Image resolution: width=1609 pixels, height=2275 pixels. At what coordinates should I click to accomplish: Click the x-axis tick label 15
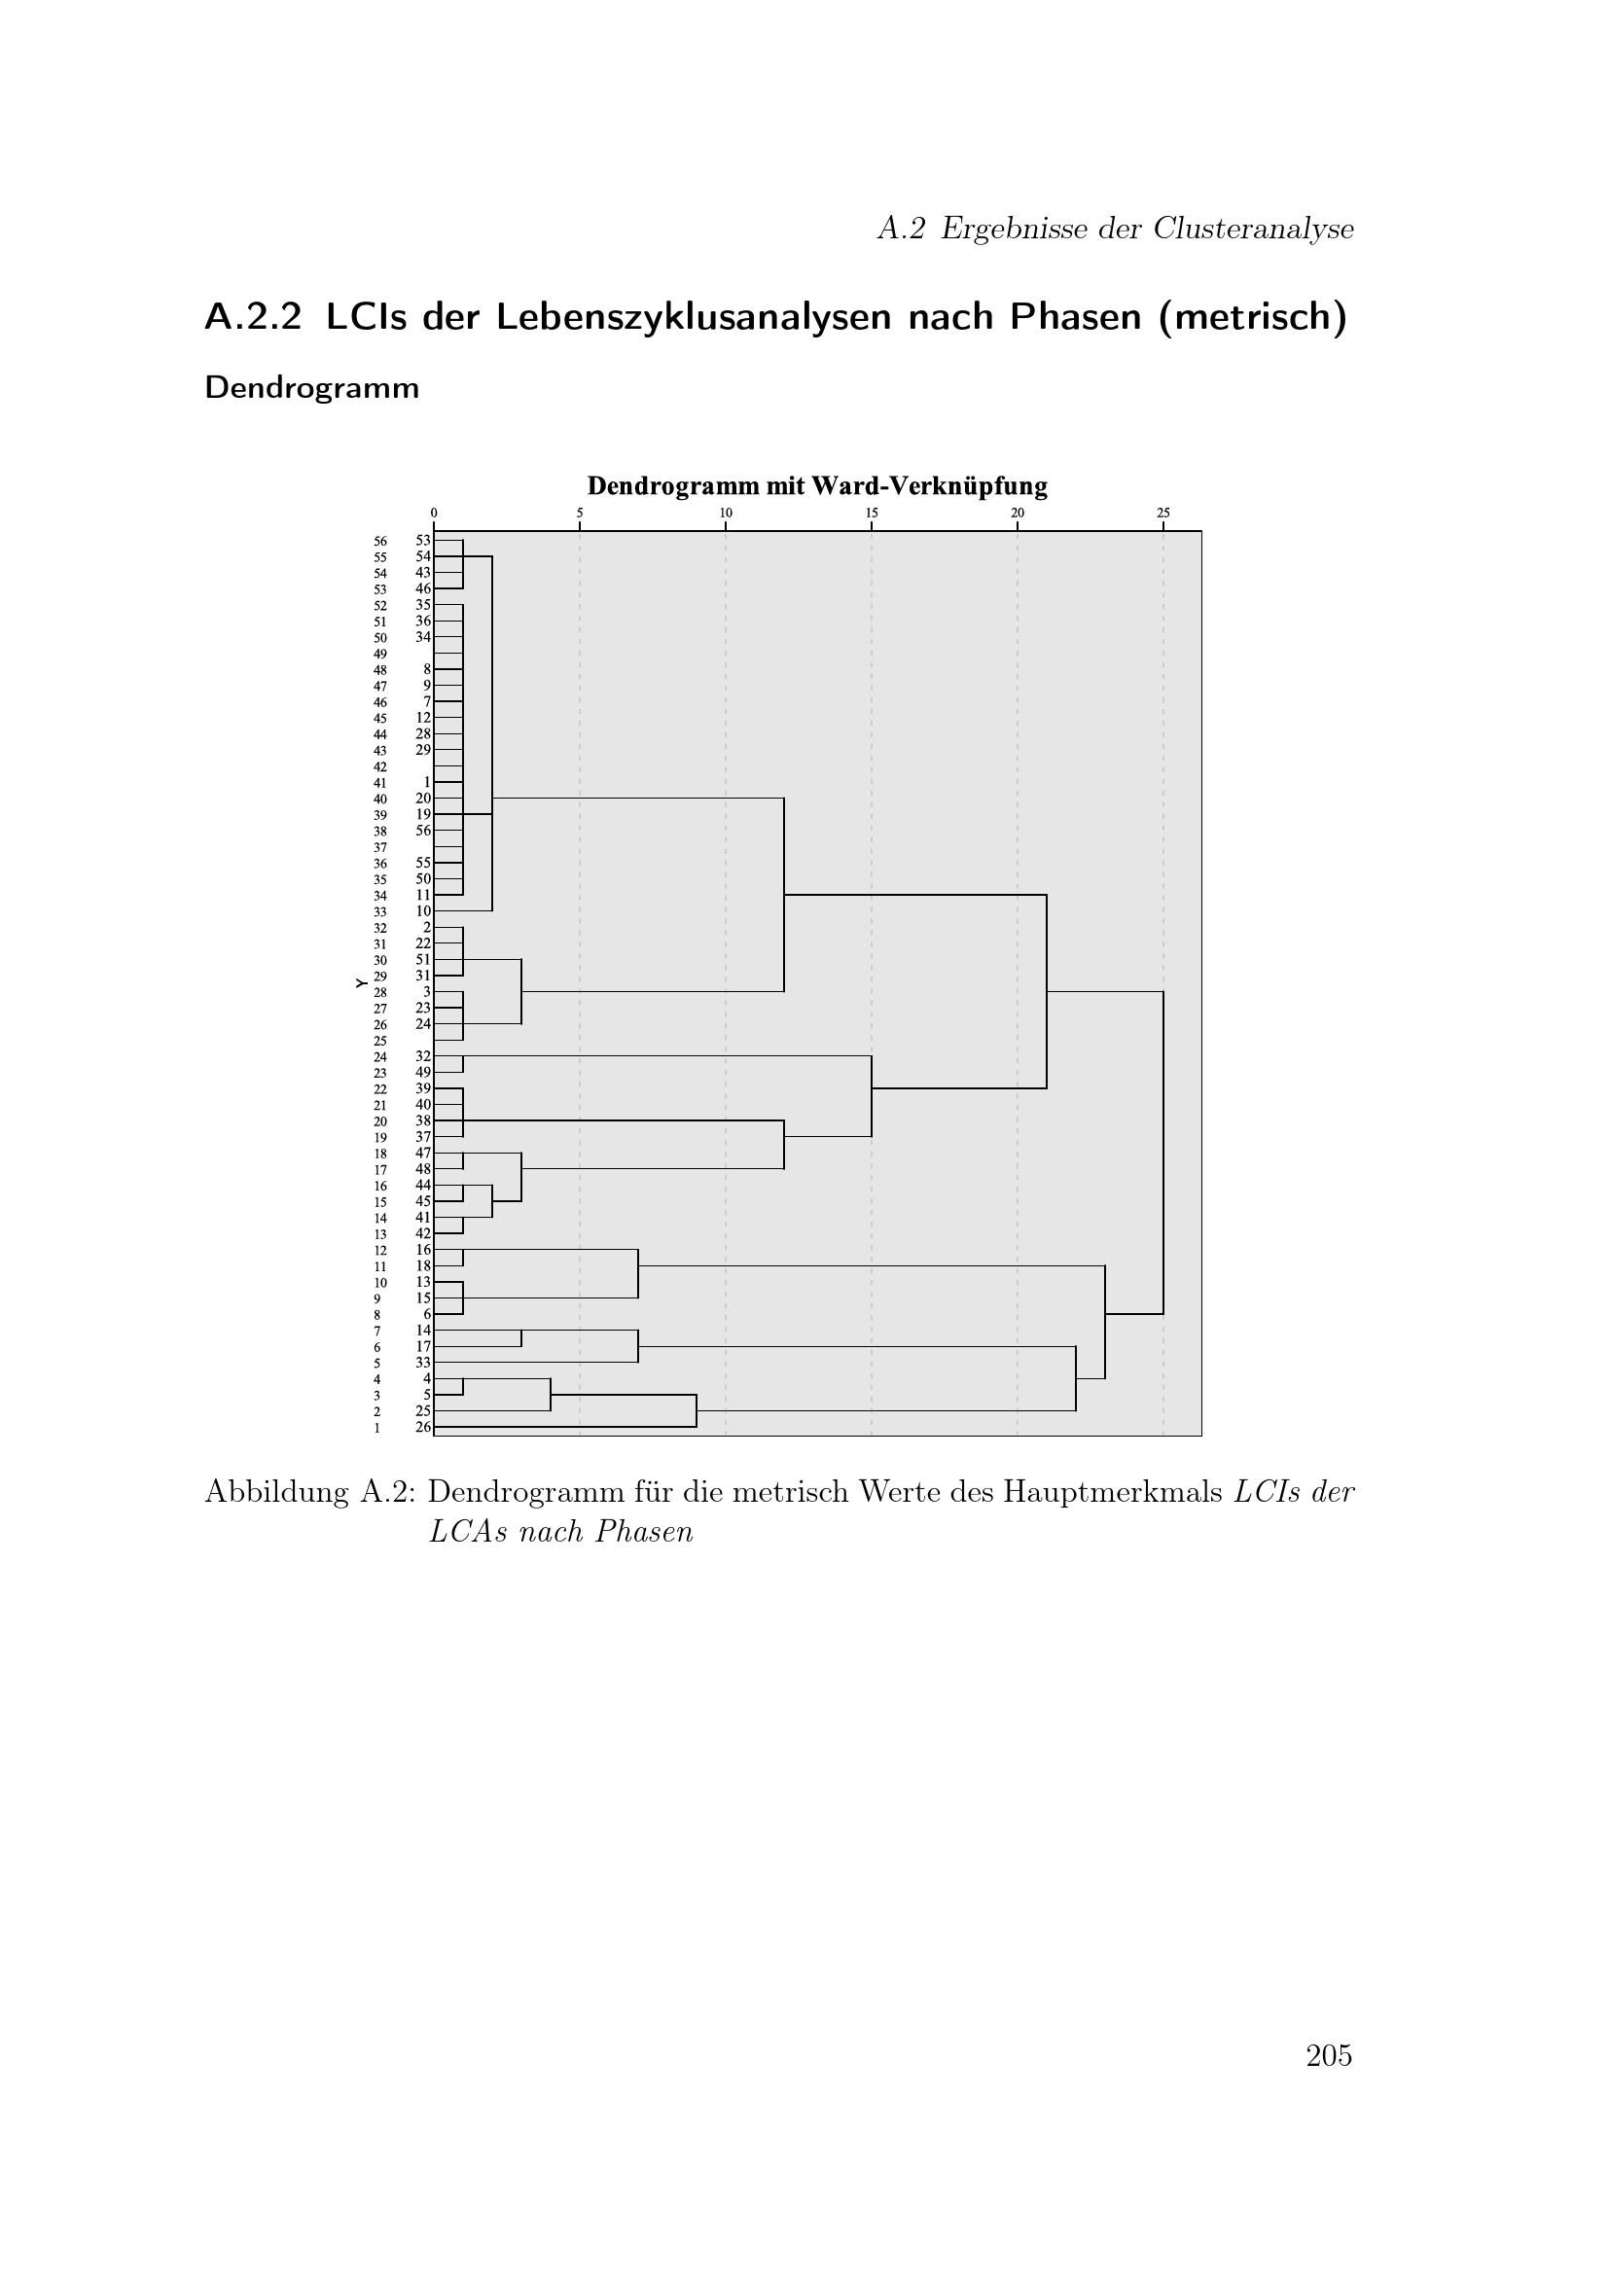coord(872,514)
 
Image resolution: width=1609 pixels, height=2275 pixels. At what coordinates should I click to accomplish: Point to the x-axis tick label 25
coord(1163,514)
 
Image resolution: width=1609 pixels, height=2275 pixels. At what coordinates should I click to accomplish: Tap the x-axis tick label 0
coord(434,514)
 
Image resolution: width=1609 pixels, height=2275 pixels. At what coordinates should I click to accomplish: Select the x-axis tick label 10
coord(727,514)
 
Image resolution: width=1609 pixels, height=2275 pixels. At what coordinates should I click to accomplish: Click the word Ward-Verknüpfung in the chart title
coord(929,486)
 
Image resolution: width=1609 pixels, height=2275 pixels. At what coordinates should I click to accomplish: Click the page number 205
coord(1329,2057)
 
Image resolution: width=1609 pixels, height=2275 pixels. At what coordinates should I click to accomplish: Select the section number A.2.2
coord(253,317)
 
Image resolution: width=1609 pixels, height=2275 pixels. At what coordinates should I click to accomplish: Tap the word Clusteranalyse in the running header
coord(1253,229)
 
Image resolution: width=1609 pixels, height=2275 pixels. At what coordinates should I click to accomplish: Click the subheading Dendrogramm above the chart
coord(312,387)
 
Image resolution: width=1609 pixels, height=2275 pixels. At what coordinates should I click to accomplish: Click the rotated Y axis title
coord(362,983)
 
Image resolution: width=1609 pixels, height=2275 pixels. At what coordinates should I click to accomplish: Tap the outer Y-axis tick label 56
coord(380,542)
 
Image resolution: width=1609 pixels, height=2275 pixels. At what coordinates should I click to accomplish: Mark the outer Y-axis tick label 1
coord(377,1428)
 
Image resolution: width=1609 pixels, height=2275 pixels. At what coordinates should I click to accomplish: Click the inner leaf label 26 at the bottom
coord(423,1427)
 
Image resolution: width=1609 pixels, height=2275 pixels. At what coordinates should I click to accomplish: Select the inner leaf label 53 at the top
coord(423,540)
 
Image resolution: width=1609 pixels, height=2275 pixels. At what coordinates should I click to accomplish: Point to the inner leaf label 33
coord(423,1363)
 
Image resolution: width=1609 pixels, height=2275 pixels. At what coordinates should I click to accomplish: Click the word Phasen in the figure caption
coord(644,1532)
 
